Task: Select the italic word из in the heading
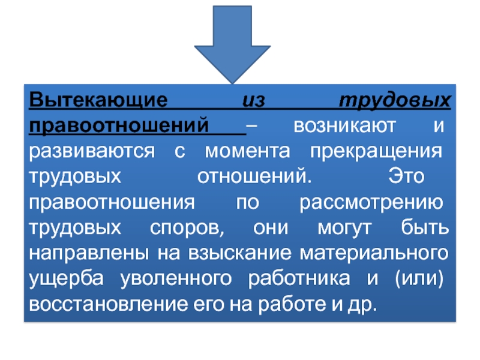click(x=254, y=100)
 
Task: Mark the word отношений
click(x=254, y=177)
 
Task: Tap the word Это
click(x=404, y=177)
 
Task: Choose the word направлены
click(x=89, y=254)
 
